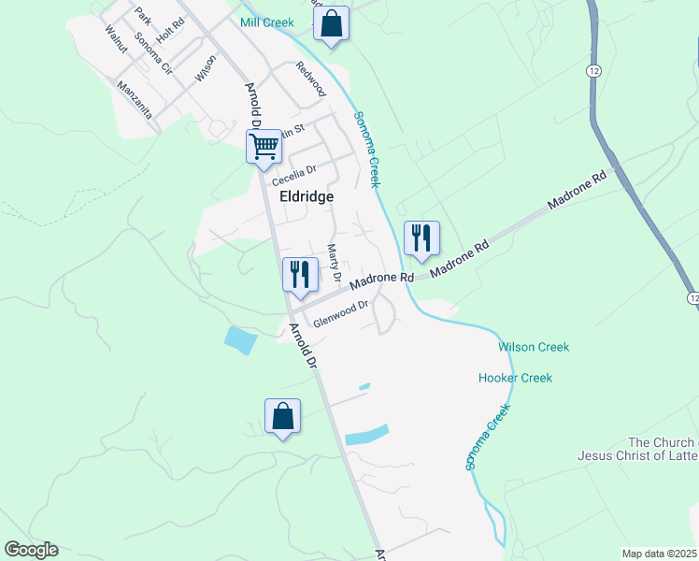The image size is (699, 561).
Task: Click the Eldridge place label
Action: (307, 197)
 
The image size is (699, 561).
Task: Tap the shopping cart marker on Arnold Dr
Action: (264, 146)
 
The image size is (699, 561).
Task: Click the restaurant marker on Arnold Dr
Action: (299, 274)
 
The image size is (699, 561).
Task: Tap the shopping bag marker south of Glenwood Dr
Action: (282, 416)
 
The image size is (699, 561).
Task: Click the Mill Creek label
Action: (266, 22)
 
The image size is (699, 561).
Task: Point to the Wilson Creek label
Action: (534, 347)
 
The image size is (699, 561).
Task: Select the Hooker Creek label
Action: (515, 378)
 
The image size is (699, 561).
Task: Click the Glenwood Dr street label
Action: (342, 314)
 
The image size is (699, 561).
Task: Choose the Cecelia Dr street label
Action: (295, 175)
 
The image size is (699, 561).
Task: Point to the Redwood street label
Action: (310, 79)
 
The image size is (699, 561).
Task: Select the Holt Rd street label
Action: (171, 31)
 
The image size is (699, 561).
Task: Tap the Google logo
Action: (31, 550)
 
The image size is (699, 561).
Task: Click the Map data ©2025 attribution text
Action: (659, 554)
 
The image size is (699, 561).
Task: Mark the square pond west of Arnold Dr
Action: (239, 340)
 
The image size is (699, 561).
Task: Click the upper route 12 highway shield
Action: (594, 71)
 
